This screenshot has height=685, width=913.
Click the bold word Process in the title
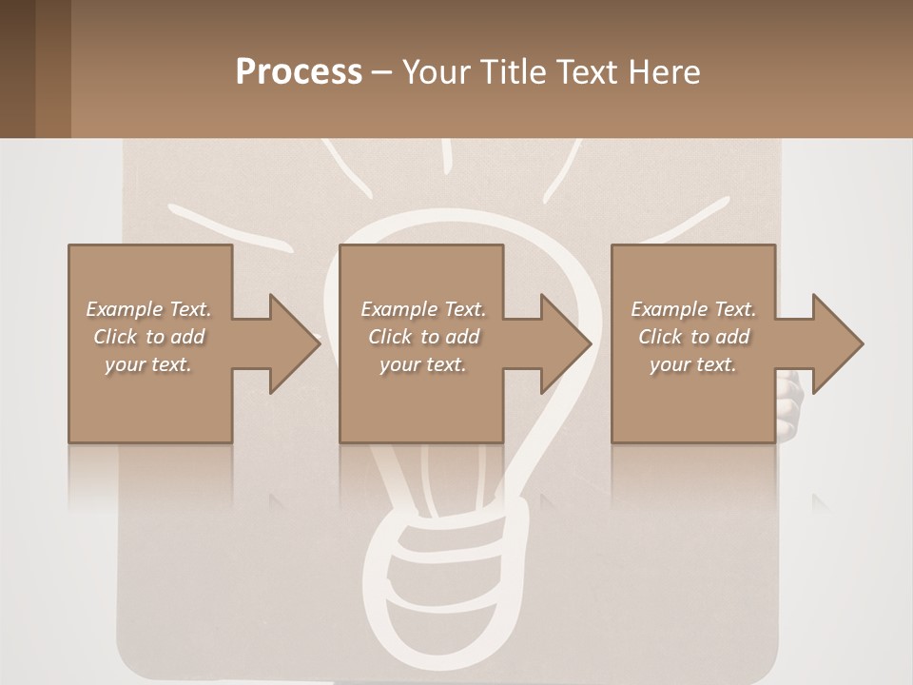(x=299, y=72)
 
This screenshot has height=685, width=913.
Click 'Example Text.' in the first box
(x=148, y=309)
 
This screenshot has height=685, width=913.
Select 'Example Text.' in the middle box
(x=423, y=309)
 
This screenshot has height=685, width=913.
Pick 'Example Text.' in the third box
(x=693, y=309)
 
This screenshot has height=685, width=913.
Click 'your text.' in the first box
(x=148, y=364)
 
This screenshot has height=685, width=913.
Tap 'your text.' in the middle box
(x=423, y=364)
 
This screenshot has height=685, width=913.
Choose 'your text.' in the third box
(x=693, y=364)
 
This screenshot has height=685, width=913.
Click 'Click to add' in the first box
(x=148, y=337)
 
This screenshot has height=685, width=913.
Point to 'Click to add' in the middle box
(x=423, y=337)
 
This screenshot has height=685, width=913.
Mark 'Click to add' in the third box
(x=693, y=337)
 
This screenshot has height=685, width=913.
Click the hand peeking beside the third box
(x=789, y=400)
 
